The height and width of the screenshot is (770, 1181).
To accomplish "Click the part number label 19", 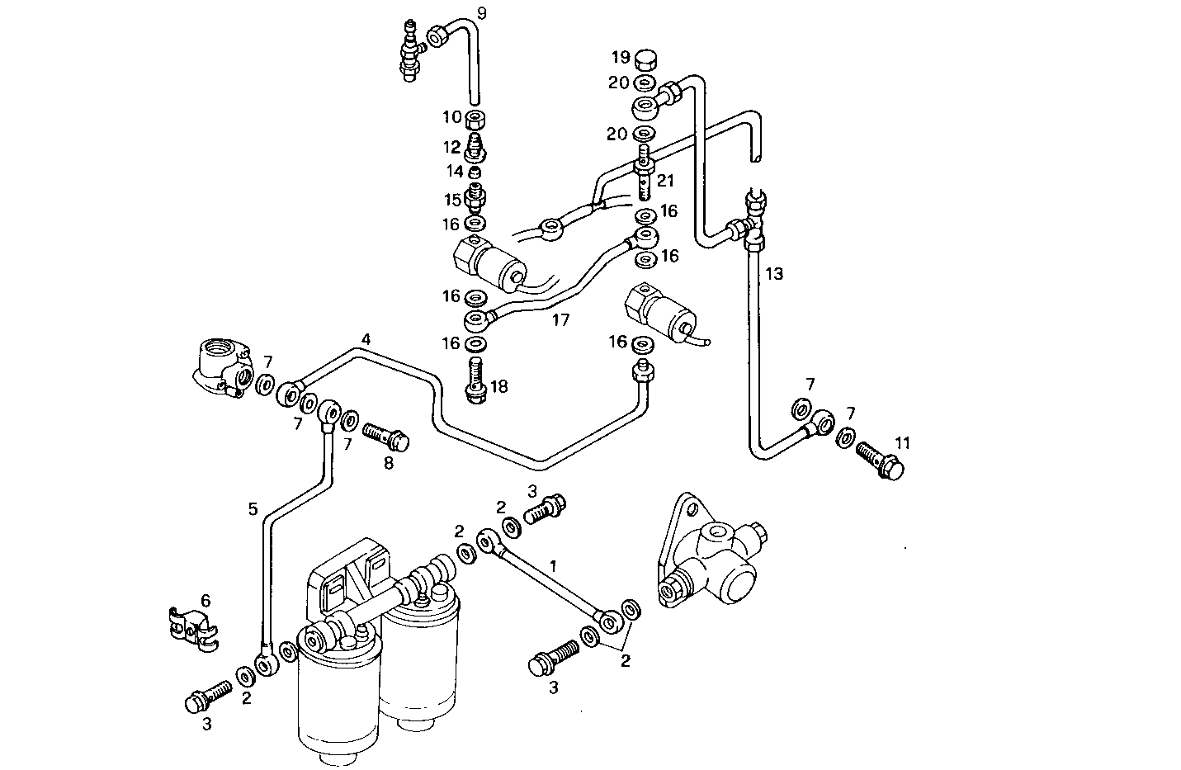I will click(x=621, y=57).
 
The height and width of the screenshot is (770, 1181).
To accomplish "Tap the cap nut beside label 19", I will click(x=646, y=59).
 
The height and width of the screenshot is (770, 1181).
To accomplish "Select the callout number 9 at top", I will click(x=482, y=12).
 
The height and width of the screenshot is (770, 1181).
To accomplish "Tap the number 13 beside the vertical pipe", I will click(x=773, y=273).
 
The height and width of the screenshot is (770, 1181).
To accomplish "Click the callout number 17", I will click(x=560, y=319).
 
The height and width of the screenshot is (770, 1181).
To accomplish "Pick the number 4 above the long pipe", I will click(x=366, y=339).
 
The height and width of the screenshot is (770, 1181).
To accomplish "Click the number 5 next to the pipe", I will click(x=253, y=509).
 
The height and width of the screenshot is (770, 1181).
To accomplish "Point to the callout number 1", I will click(x=554, y=565).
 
